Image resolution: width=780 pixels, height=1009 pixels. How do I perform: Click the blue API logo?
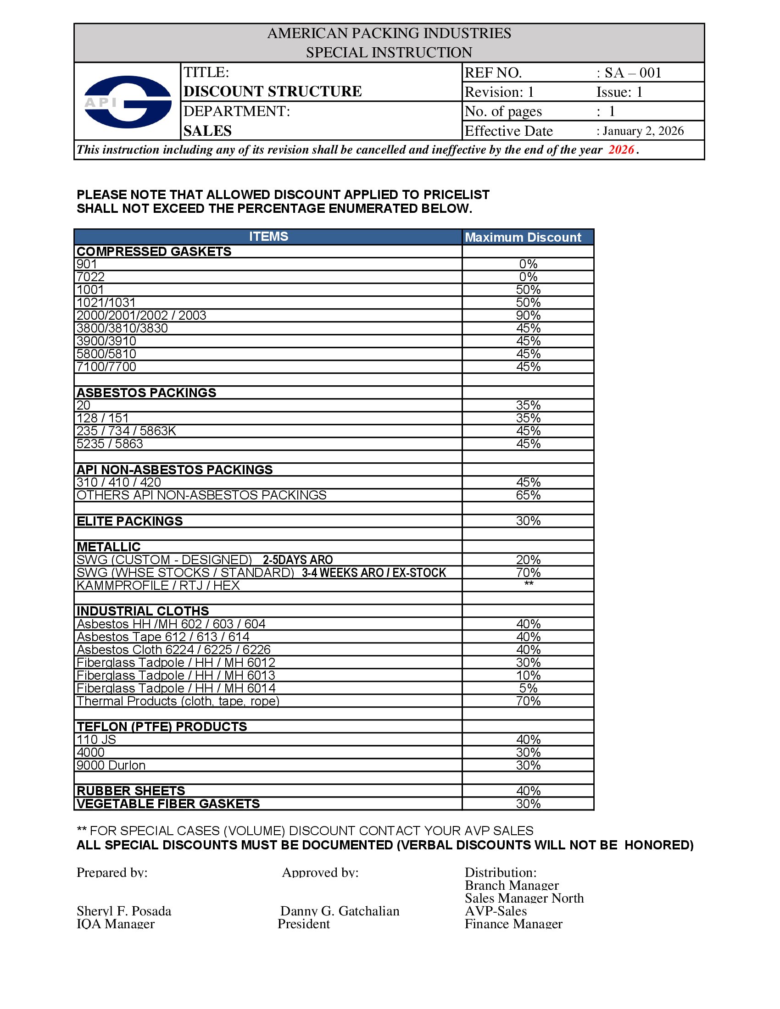[128, 102]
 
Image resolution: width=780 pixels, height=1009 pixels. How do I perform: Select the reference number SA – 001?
[633, 73]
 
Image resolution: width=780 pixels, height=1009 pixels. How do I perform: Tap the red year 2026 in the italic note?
[621, 150]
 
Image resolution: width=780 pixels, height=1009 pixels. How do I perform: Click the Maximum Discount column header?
[523, 237]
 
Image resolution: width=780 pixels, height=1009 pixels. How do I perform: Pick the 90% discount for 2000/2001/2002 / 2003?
[528, 316]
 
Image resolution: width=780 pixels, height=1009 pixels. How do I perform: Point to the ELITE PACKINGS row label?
[129, 521]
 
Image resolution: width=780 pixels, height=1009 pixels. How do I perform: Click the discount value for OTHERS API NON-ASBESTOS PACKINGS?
[528, 495]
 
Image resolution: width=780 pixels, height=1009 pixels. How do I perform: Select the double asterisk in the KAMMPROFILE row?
[529, 584]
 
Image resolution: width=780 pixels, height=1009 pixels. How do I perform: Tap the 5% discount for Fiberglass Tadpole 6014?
[528, 688]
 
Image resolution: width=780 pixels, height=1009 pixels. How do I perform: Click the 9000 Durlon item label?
[111, 765]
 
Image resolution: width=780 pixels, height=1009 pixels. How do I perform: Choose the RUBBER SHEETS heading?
[131, 791]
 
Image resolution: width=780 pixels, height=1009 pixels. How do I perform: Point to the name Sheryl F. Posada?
[124, 910]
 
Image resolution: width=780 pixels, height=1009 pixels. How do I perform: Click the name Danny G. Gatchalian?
[340, 910]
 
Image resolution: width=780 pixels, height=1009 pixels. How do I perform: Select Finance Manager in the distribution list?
[513, 924]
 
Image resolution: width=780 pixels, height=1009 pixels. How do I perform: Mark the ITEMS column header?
[268, 237]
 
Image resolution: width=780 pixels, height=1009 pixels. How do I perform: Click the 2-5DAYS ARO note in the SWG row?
[298, 560]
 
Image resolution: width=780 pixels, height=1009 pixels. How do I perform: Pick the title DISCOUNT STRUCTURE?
[273, 91]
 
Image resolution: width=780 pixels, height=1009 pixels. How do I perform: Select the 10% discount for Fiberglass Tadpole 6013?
[528, 676]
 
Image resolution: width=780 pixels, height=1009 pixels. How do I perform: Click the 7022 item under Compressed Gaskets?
[90, 277]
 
